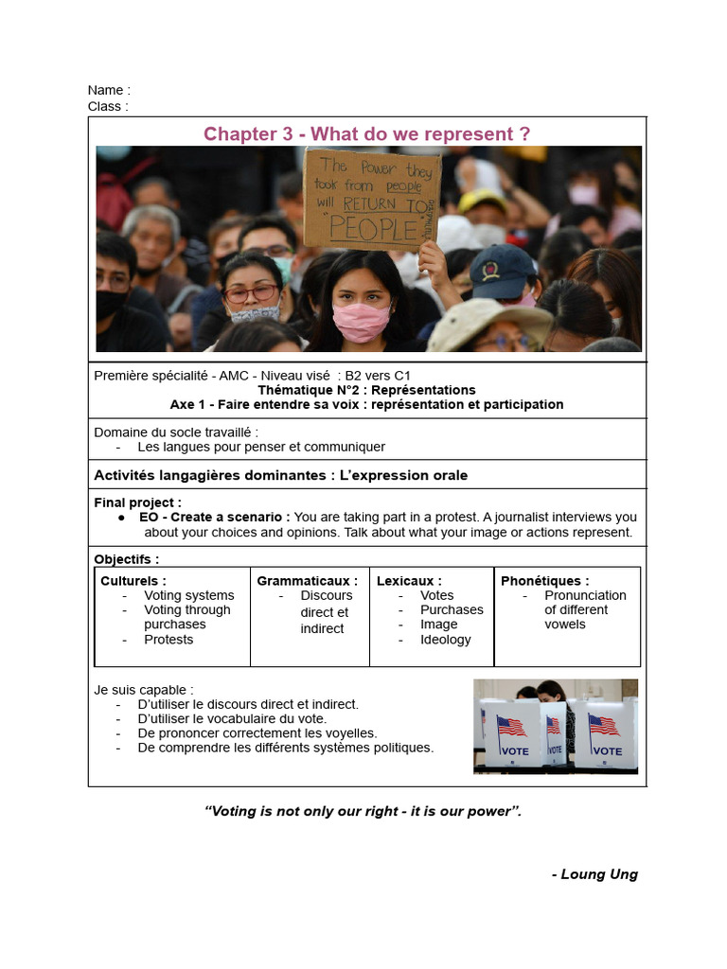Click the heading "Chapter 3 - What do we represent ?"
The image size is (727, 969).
(x=366, y=134)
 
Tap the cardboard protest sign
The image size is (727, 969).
(x=371, y=200)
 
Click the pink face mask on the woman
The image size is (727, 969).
(x=361, y=321)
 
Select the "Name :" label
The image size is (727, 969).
(x=109, y=90)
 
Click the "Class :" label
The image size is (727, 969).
(x=108, y=106)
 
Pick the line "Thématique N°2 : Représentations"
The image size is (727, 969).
(x=366, y=390)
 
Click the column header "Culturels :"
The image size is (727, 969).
(x=133, y=580)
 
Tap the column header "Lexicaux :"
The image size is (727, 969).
(x=409, y=580)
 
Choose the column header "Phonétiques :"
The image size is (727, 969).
(x=544, y=580)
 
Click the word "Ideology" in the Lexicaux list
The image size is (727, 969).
(x=445, y=640)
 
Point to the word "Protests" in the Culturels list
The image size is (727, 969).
(x=168, y=640)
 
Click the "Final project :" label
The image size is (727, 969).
(x=138, y=502)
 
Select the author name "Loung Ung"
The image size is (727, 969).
(x=598, y=874)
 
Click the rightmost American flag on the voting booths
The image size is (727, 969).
(x=604, y=725)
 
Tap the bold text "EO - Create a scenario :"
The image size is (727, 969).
(x=215, y=518)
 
